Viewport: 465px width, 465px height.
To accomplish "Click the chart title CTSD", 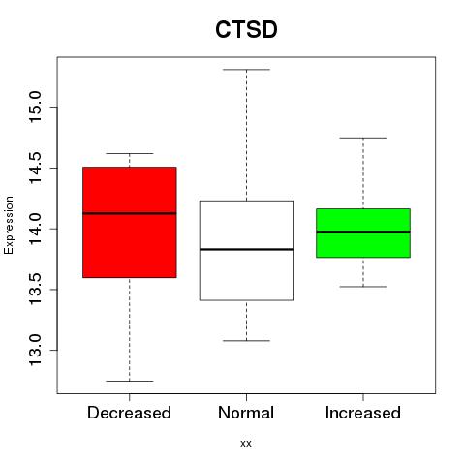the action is pos(246,29).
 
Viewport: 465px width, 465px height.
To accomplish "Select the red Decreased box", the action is pos(130,222).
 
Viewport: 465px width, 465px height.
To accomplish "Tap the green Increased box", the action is pos(363,233).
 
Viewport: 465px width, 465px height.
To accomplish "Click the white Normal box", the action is pos(246,251).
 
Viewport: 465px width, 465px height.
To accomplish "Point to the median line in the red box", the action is pos(130,213).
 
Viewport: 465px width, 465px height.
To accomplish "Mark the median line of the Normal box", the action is pos(246,249).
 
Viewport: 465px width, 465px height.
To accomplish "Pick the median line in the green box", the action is pos(363,232).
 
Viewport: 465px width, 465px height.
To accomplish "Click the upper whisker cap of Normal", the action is pos(246,70).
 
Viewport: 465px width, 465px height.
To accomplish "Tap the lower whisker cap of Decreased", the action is pos(130,381).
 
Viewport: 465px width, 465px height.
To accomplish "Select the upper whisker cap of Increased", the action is pos(363,138).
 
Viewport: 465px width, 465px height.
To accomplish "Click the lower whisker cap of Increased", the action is pos(363,287).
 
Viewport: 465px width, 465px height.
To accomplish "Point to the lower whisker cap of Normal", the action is pos(246,340).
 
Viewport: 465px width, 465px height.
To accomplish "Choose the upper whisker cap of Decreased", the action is pos(130,153).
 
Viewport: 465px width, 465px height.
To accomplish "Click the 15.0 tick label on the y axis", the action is pos(35,107).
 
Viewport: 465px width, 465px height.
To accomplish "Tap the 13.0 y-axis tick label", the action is pos(35,350).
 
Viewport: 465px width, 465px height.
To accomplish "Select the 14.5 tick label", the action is pos(35,168).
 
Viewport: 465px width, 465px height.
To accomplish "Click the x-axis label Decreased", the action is pos(129,413).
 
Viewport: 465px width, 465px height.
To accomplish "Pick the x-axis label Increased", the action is pos(363,413).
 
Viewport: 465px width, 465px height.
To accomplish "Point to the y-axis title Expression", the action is pos(9,225).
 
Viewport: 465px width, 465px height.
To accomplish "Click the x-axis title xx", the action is pos(246,444).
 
